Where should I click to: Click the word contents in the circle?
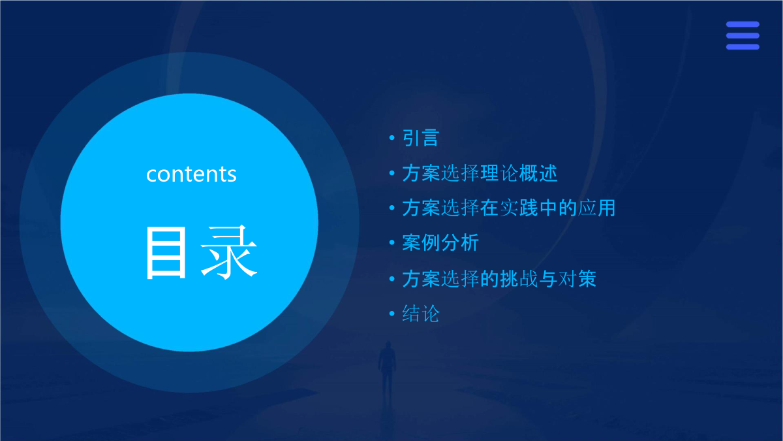(191, 174)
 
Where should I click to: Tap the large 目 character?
(166, 252)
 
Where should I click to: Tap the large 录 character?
(229, 252)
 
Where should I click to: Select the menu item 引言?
(420, 138)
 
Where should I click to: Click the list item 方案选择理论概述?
(480, 173)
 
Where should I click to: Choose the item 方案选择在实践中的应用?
(508, 208)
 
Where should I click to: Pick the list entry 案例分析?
(440, 242)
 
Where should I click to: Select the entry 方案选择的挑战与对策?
(499, 278)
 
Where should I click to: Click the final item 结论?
(420, 313)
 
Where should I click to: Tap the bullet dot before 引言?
(392, 138)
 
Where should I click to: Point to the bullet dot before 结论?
(392, 313)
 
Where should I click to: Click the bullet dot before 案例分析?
(392, 242)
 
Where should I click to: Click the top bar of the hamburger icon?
(743, 24)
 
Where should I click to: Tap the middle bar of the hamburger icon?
(743, 36)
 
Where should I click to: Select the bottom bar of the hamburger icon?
(743, 47)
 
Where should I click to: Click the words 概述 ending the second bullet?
(538, 173)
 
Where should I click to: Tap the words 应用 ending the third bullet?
(596, 208)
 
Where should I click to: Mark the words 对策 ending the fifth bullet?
(577, 278)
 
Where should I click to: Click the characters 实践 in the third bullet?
(518, 208)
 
